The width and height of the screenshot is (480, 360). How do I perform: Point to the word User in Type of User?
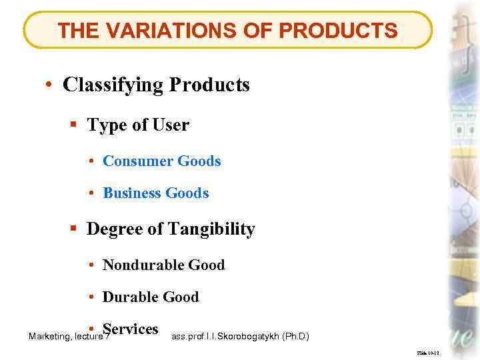tap(171, 125)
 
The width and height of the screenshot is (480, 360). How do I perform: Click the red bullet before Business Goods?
tap(91, 194)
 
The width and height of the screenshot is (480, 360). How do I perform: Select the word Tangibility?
tap(211, 229)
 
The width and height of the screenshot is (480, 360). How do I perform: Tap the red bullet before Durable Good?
tap(91, 298)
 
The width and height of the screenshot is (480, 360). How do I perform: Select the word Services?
tap(131, 329)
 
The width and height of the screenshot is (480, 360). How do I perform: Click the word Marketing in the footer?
tap(49, 337)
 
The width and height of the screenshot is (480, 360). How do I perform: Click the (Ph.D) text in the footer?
tap(297, 337)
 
